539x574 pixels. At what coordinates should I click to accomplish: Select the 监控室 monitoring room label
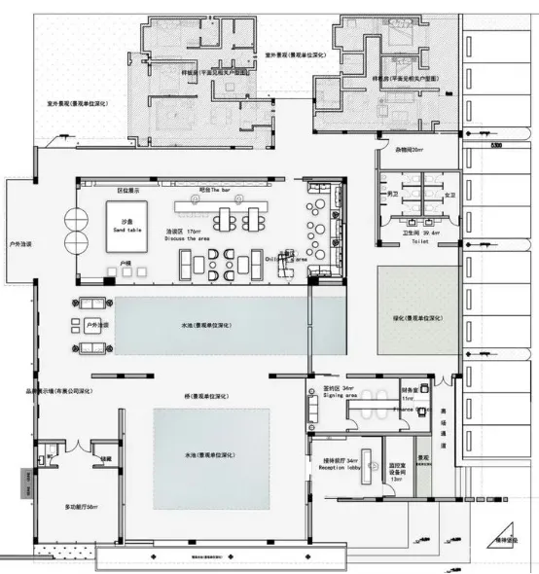[395, 467]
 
